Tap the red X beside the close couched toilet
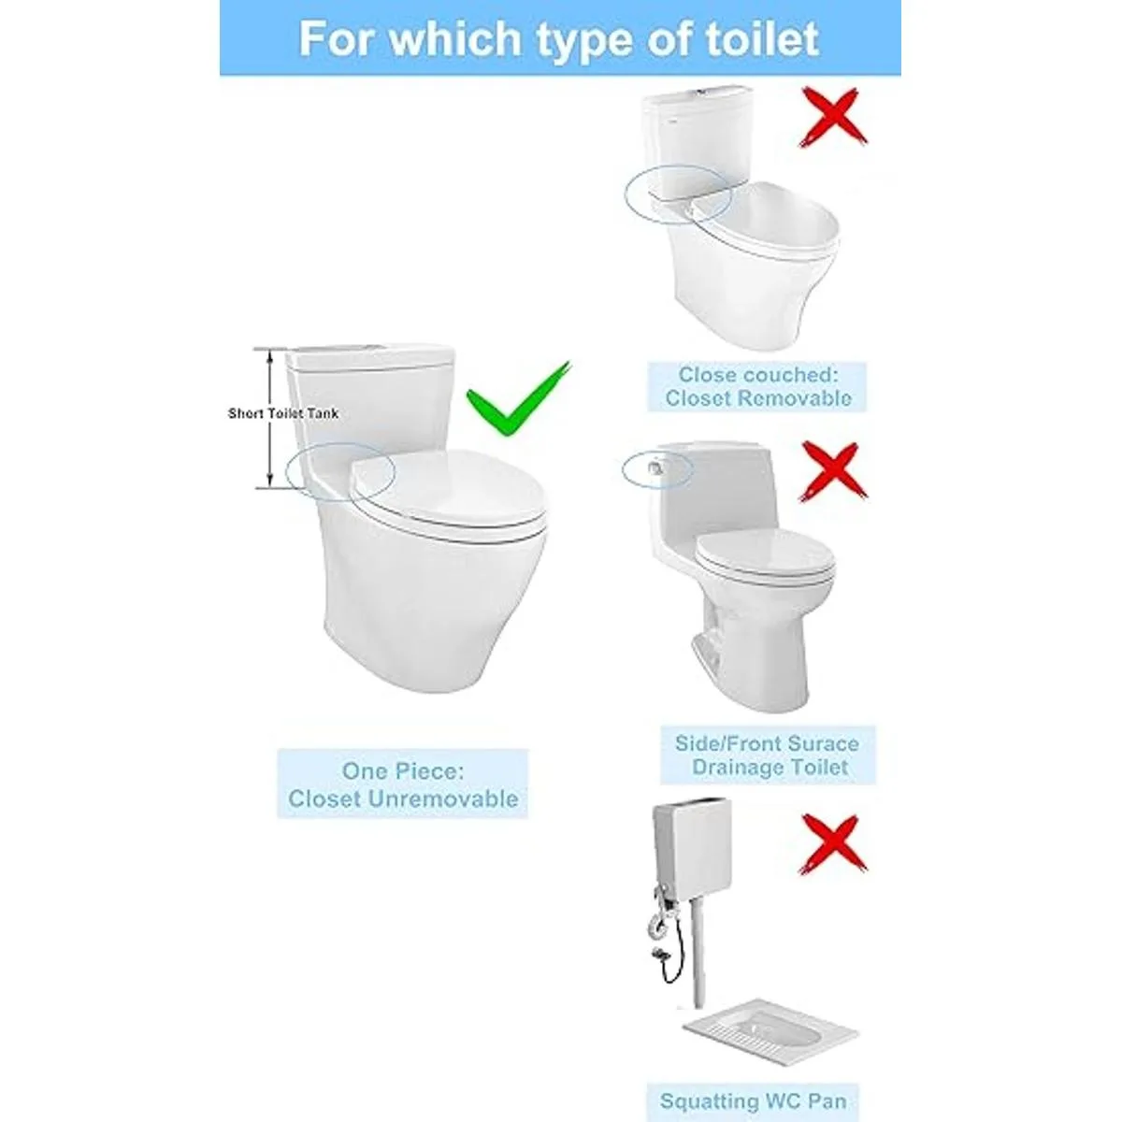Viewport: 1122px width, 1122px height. pos(833,117)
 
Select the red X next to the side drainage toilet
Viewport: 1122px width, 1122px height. pos(833,471)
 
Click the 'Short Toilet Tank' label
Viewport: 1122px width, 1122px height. pos(283,413)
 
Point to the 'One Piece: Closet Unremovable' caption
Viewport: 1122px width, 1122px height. pos(403,784)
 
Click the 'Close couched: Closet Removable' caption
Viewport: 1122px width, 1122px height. pos(758,386)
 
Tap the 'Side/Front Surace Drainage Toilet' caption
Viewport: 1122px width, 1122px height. pos(767,755)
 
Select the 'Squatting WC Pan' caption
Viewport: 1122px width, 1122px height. pos(753,1085)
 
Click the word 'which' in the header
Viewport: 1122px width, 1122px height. pos(454,38)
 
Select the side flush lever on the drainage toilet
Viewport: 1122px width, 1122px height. pos(656,467)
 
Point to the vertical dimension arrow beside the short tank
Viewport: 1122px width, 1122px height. pos(269,418)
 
